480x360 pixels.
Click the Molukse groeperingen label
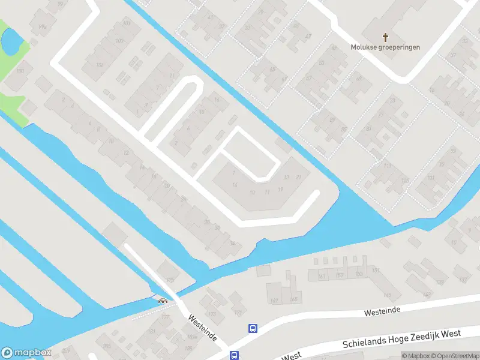click(x=386, y=47)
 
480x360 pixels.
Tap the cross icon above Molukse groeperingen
click(x=385, y=37)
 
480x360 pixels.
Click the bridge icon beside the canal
click(x=161, y=301)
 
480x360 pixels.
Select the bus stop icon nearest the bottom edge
click(x=233, y=355)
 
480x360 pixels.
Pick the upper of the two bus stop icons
click(x=253, y=328)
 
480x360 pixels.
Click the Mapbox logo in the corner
click(x=26, y=353)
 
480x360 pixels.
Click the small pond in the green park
click(x=10, y=41)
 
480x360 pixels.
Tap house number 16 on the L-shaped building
click(x=235, y=185)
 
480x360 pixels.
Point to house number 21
click(x=297, y=177)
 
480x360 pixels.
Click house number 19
click(x=281, y=190)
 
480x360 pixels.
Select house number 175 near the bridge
click(x=170, y=280)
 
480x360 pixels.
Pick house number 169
click(x=275, y=300)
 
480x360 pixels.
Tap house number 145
click(x=388, y=295)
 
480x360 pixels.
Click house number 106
click(x=100, y=65)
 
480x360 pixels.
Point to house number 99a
click(x=42, y=27)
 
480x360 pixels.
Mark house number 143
click(x=427, y=295)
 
